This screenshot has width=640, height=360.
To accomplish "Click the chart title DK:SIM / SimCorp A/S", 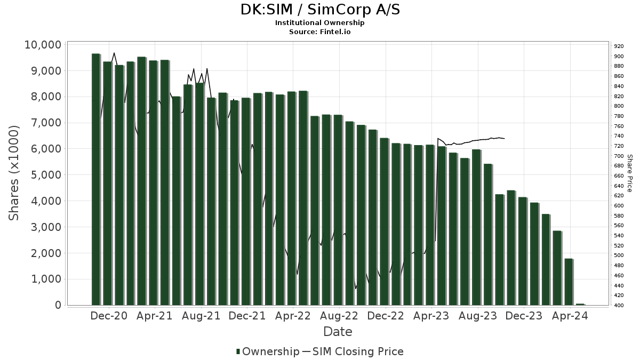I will pos(319,10).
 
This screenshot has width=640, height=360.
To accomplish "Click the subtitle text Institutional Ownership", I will pos(319,23).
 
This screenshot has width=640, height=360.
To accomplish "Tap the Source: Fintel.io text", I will pos(319,32).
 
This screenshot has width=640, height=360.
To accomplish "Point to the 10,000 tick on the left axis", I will pos(43,45).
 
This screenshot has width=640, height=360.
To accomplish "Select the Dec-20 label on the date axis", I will pos(108,316).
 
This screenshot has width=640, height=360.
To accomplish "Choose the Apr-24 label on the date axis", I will pos(571,316).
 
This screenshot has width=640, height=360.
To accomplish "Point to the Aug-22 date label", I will pos(340,316).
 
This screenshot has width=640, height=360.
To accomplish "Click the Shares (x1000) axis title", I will pos(14,173).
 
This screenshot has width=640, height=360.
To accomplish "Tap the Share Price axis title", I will pos(630,173).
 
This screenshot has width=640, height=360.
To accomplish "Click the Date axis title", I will pos(338,332).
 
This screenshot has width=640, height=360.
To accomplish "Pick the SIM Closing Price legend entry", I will pos(358,351).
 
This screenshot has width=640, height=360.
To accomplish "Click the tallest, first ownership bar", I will pos(95,179).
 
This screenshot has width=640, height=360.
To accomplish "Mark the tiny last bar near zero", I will pos(580,304).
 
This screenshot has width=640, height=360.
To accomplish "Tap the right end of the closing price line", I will pos(505,139).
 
